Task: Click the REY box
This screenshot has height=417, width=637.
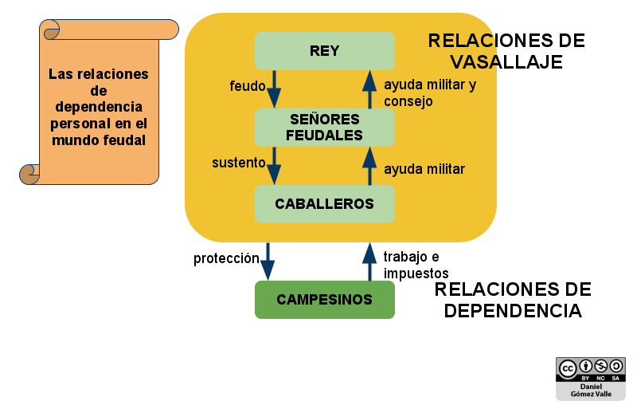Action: (324, 50)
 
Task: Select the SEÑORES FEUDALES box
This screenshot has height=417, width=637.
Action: (324, 127)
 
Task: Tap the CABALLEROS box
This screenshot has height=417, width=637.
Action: (324, 203)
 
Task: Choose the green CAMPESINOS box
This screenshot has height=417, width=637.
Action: (324, 300)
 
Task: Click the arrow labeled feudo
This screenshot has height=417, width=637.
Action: (274, 88)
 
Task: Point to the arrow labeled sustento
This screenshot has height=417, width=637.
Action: (274, 165)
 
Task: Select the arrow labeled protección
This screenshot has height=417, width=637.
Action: (268, 261)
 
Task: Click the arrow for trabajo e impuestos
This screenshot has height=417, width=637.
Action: (369, 262)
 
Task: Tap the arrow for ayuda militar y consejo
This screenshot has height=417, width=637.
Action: (369, 89)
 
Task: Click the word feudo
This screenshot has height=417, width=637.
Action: (247, 86)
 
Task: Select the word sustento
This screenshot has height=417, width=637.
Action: (238, 163)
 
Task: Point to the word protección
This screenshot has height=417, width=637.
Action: (226, 259)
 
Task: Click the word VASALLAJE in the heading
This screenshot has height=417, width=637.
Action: (506, 62)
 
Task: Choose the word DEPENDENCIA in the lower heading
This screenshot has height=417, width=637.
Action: (513, 310)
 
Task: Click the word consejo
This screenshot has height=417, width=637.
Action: (408, 101)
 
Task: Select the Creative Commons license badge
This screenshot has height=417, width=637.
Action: (590, 369)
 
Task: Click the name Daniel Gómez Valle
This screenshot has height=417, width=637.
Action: (590, 390)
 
